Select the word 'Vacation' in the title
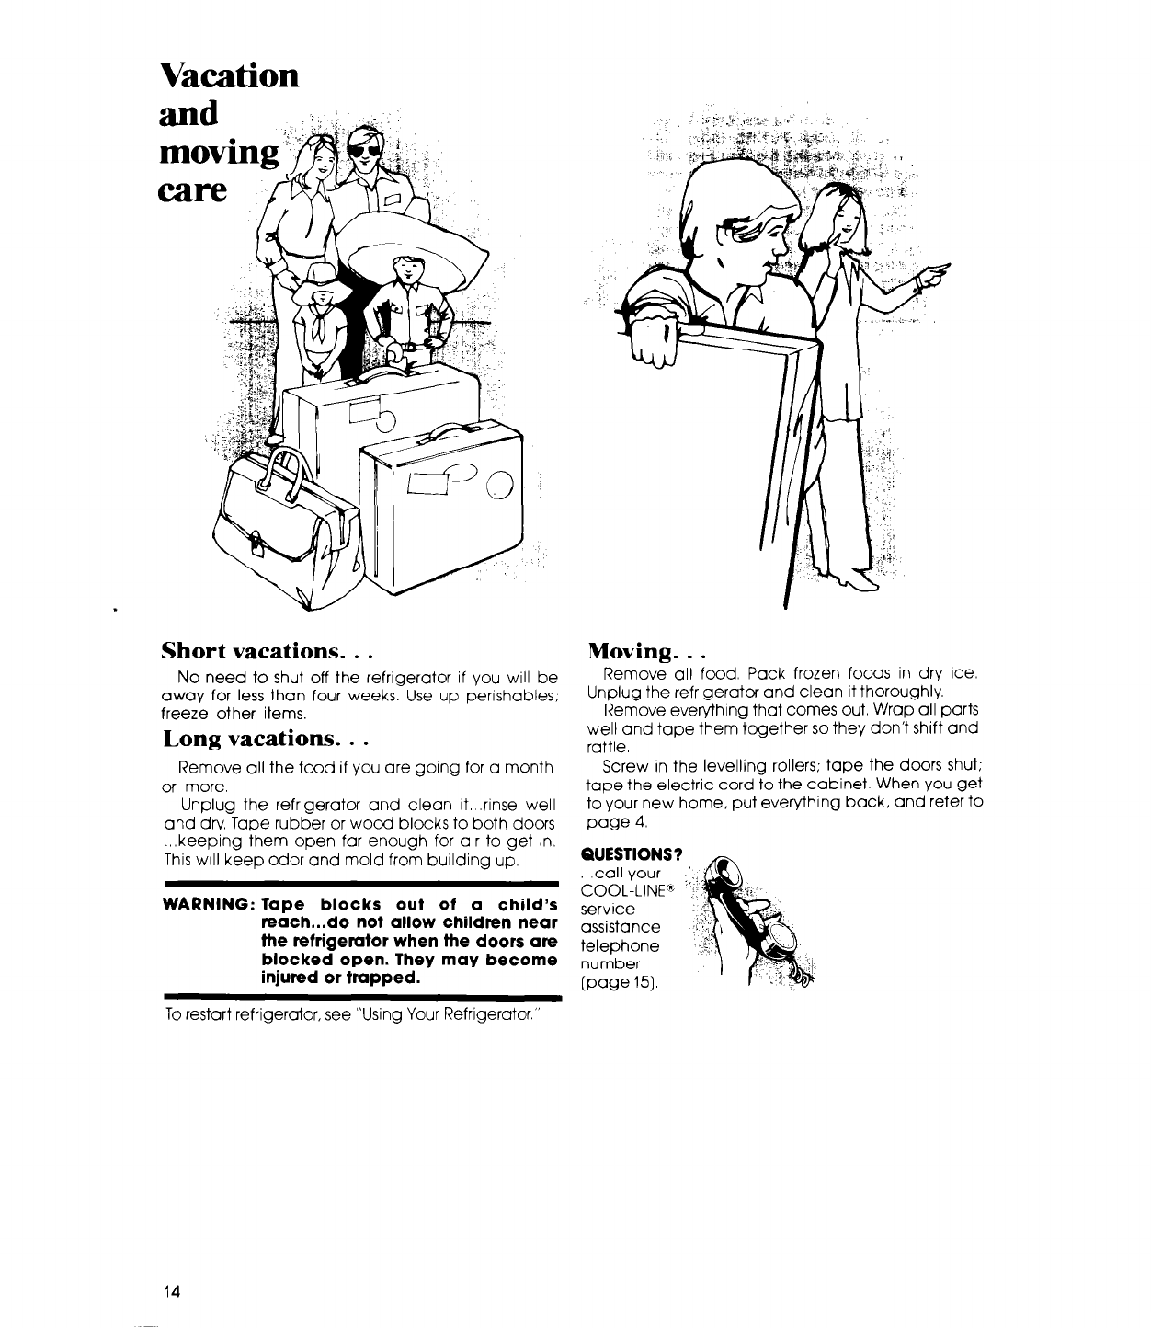pos(229,74)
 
